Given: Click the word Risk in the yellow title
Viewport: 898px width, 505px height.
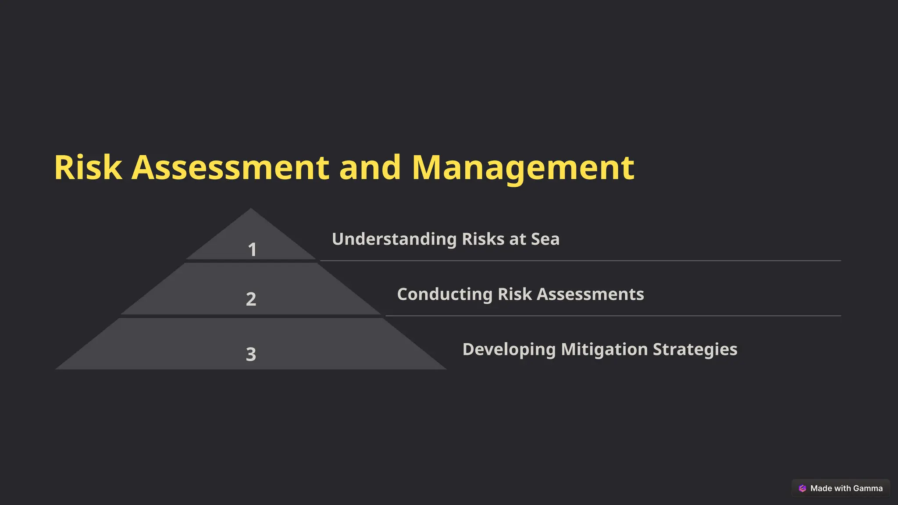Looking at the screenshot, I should click(x=88, y=167).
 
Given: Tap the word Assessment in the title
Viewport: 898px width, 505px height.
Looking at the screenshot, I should click(x=231, y=167).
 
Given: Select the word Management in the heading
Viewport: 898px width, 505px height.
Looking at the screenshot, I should click(x=523, y=167).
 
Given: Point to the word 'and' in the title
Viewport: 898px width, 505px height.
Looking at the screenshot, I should click(x=370, y=167).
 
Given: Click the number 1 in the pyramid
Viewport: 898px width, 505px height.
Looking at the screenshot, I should click(x=252, y=250).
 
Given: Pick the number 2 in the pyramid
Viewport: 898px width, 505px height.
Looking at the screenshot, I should click(x=251, y=299).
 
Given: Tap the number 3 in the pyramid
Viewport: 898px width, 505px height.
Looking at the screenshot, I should click(x=251, y=354).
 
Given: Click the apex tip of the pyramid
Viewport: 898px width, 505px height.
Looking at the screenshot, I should click(x=251, y=210).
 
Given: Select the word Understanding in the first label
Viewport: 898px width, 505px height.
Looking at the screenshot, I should click(x=394, y=239).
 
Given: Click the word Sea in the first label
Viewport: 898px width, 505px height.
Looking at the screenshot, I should click(x=545, y=239).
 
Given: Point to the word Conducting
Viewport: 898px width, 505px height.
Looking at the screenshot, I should click(x=445, y=294).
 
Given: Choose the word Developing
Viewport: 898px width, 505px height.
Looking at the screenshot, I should click(x=509, y=349).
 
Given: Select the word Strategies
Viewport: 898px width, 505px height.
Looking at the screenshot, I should click(x=695, y=349).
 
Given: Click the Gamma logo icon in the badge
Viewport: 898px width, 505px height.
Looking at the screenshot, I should click(x=802, y=488).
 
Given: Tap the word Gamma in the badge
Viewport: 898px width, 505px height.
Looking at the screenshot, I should click(x=868, y=488).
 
